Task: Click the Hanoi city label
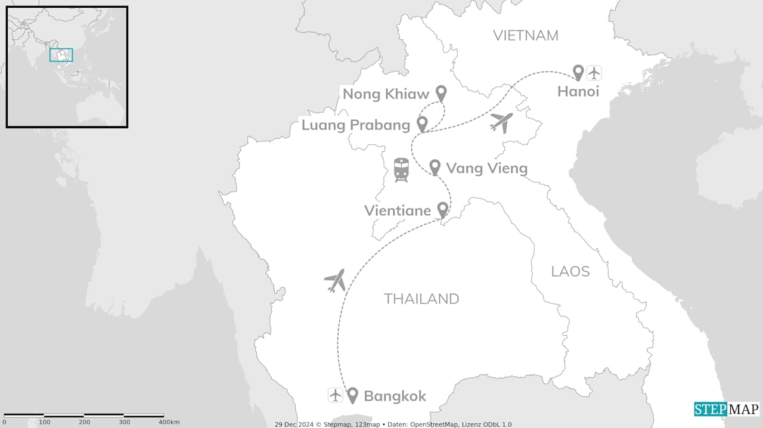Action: (x=578, y=92)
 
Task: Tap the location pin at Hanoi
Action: (x=578, y=73)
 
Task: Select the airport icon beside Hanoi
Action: (x=594, y=73)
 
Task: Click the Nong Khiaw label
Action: (x=386, y=94)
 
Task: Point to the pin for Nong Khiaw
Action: (x=441, y=93)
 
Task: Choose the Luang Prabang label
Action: (x=356, y=125)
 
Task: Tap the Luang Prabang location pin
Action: (x=422, y=124)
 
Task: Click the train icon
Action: (x=401, y=170)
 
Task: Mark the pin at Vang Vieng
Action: (x=435, y=167)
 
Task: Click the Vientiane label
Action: (x=398, y=210)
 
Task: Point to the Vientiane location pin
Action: (x=442, y=209)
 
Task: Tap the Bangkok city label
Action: (x=395, y=396)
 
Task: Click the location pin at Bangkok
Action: (x=352, y=395)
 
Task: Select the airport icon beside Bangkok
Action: (x=336, y=395)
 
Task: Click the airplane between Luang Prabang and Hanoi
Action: (x=501, y=123)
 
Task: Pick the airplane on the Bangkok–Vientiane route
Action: (x=335, y=280)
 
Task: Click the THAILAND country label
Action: (x=421, y=299)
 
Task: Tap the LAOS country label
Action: (x=570, y=272)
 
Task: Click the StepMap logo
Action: (x=727, y=410)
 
